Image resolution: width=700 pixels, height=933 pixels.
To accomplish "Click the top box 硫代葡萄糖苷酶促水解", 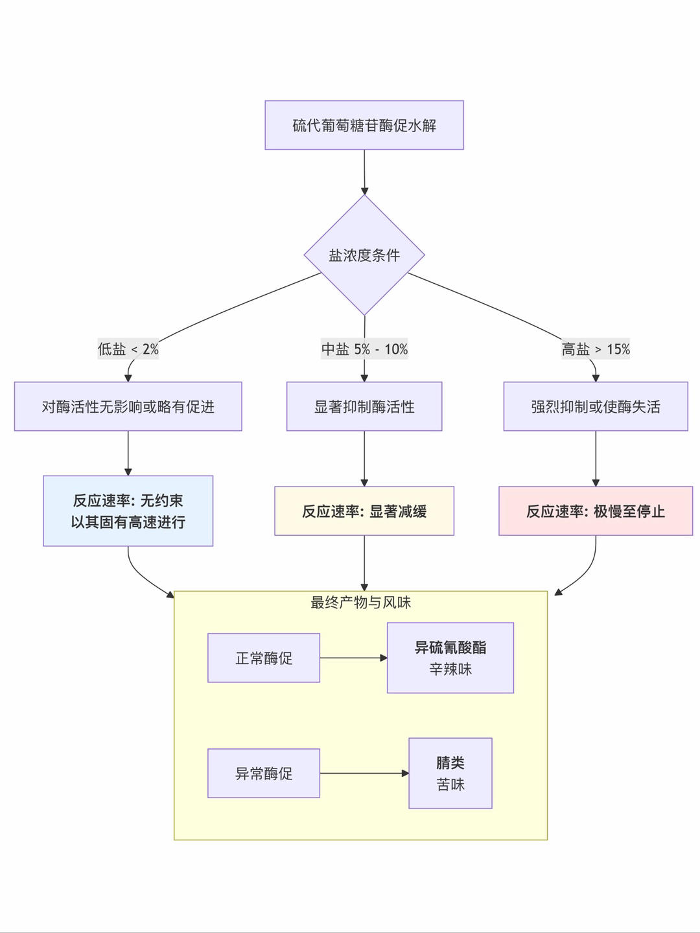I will tap(364, 125).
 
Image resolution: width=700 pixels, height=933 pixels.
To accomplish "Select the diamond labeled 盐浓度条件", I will tap(364, 255).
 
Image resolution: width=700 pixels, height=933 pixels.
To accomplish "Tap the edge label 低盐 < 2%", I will tap(128, 349).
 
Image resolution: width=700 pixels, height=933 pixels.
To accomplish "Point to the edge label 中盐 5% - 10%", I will tap(364, 349).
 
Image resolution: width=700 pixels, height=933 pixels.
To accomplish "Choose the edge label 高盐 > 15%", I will tap(596, 349).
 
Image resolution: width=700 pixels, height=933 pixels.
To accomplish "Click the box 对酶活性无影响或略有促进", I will tap(128, 406).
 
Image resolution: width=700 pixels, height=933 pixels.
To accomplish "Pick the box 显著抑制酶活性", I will tap(364, 406).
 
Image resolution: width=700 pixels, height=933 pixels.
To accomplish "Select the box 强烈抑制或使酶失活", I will tap(596, 406).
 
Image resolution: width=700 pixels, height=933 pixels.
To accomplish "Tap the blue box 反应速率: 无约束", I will tap(128, 511).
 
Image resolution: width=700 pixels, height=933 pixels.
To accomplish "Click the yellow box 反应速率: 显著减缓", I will tap(364, 511).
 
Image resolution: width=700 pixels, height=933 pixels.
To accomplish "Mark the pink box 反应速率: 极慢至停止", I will tap(596, 511).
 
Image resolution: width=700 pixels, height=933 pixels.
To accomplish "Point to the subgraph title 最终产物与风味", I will tap(360, 603).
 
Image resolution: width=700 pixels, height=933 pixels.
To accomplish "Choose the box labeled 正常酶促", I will tap(264, 658).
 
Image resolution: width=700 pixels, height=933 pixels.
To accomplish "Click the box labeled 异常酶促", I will tap(264, 774).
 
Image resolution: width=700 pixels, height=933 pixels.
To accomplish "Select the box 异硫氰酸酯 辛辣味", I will tap(450, 658).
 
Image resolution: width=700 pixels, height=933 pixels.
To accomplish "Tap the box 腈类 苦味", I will tap(450, 774).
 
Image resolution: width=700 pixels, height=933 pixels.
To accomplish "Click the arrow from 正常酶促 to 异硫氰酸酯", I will tap(353, 658).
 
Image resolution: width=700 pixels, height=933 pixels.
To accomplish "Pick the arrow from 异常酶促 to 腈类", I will tap(364, 774).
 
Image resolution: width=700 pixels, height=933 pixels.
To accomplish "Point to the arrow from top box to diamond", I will tap(364, 172).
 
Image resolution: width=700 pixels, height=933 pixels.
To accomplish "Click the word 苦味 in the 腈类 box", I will tap(450, 785).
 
